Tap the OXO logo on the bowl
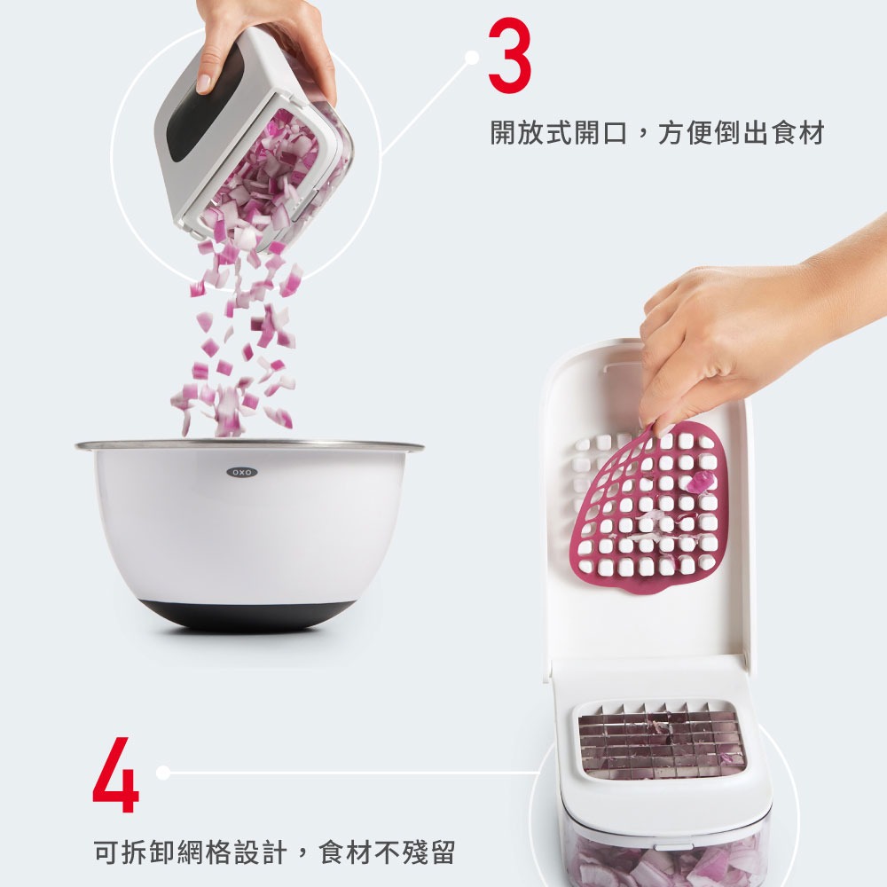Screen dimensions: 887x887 tap(240, 473)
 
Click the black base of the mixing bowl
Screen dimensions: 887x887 tap(249, 614)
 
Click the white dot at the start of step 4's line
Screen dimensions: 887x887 tap(162, 773)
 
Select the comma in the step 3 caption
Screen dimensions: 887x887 tap(641, 138)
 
